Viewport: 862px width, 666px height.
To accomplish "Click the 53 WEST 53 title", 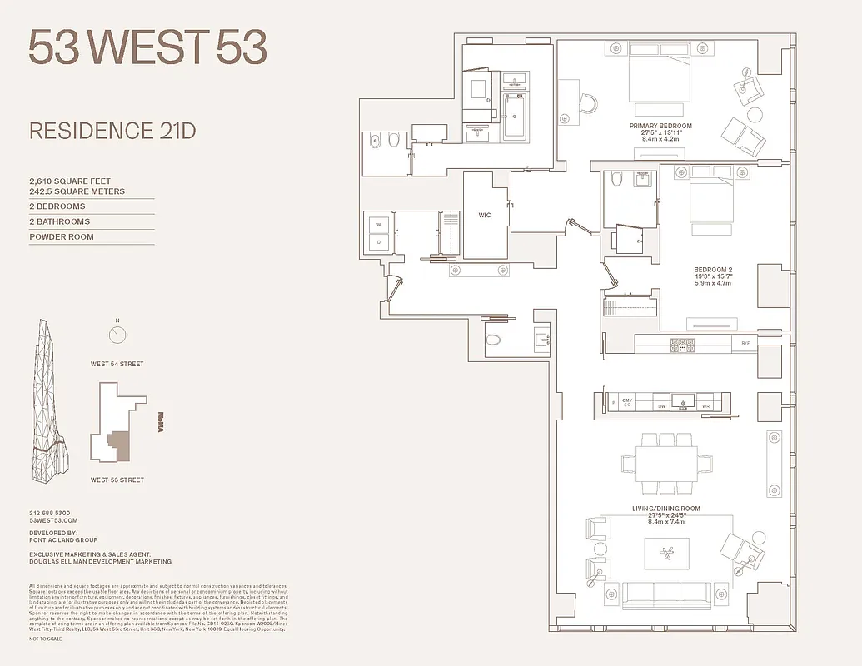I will pyautogui.click(x=147, y=47).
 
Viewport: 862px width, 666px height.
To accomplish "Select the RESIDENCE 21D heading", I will pyautogui.click(x=113, y=131).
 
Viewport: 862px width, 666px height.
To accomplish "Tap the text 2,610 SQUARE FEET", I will pyautogui.click(x=70, y=181).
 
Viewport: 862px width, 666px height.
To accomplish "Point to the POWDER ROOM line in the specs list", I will pyautogui.click(x=62, y=237).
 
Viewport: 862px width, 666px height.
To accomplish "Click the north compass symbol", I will pyautogui.click(x=117, y=335).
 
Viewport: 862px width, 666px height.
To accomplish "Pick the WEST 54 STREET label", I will pyautogui.click(x=117, y=364).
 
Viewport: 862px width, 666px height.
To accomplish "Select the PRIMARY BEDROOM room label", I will pyautogui.click(x=660, y=127).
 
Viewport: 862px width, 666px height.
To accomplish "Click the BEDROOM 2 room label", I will pyautogui.click(x=712, y=270).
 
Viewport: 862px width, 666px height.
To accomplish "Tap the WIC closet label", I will pyautogui.click(x=485, y=216).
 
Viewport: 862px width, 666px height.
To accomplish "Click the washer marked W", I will pyautogui.click(x=378, y=225).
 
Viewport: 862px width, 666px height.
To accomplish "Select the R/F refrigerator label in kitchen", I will pyautogui.click(x=745, y=344).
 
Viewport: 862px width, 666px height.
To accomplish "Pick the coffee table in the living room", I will pyautogui.click(x=665, y=550).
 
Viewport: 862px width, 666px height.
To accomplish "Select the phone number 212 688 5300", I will pyautogui.click(x=49, y=513).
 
